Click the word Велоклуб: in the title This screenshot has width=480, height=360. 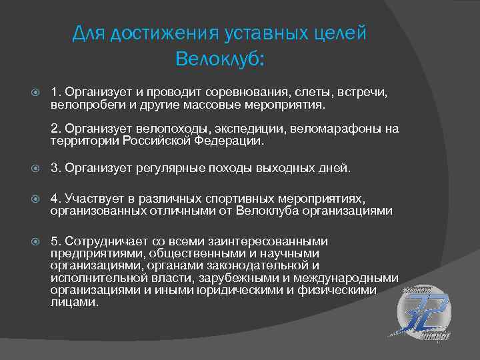tap(219, 59)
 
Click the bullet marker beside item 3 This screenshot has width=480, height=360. tap(37, 169)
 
